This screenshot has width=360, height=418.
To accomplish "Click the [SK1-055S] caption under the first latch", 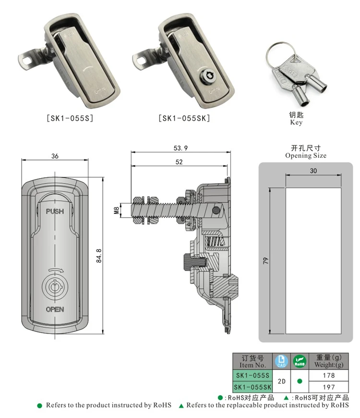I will coord(69,118).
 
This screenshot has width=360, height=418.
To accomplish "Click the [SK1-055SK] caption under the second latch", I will coord(184,118).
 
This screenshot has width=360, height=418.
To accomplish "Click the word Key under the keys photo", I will coord(296,123).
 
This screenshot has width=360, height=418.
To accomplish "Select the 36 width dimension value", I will coord(55,156).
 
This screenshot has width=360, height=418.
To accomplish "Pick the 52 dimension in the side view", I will coord(179,162).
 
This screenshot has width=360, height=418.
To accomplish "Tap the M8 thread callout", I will coord(116,210).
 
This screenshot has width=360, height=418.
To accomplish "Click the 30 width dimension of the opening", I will coord(313,171).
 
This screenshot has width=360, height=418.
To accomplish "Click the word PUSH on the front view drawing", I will coord(55,211).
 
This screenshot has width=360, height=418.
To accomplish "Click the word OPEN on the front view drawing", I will coord(55,309).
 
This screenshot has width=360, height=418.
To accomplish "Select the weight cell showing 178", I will coord(329,375).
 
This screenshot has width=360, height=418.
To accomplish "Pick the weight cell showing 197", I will coord(329,387).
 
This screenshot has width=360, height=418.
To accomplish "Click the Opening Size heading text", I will coord(305,155).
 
